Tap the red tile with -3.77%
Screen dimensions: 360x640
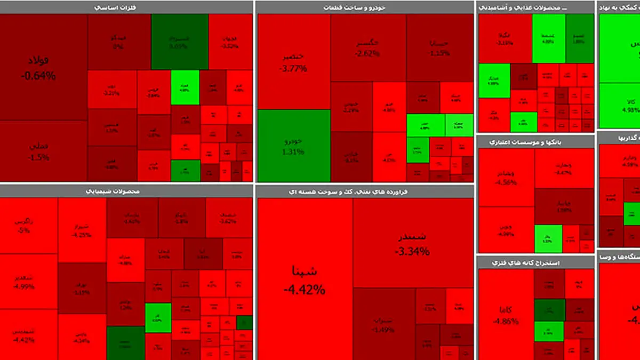(x=293, y=61)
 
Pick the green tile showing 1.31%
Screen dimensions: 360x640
(x=293, y=146)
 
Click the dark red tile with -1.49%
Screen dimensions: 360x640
(x=383, y=323)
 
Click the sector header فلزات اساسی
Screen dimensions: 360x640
(x=126, y=7)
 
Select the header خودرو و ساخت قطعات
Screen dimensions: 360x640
(x=365, y=7)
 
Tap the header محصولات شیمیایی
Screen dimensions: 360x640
(x=126, y=191)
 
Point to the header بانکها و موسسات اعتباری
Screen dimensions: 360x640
(x=535, y=142)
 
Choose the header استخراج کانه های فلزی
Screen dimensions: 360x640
(x=535, y=262)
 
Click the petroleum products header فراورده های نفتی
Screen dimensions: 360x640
(x=365, y=191)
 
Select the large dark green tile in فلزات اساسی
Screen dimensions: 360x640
(x=179, y=42)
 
